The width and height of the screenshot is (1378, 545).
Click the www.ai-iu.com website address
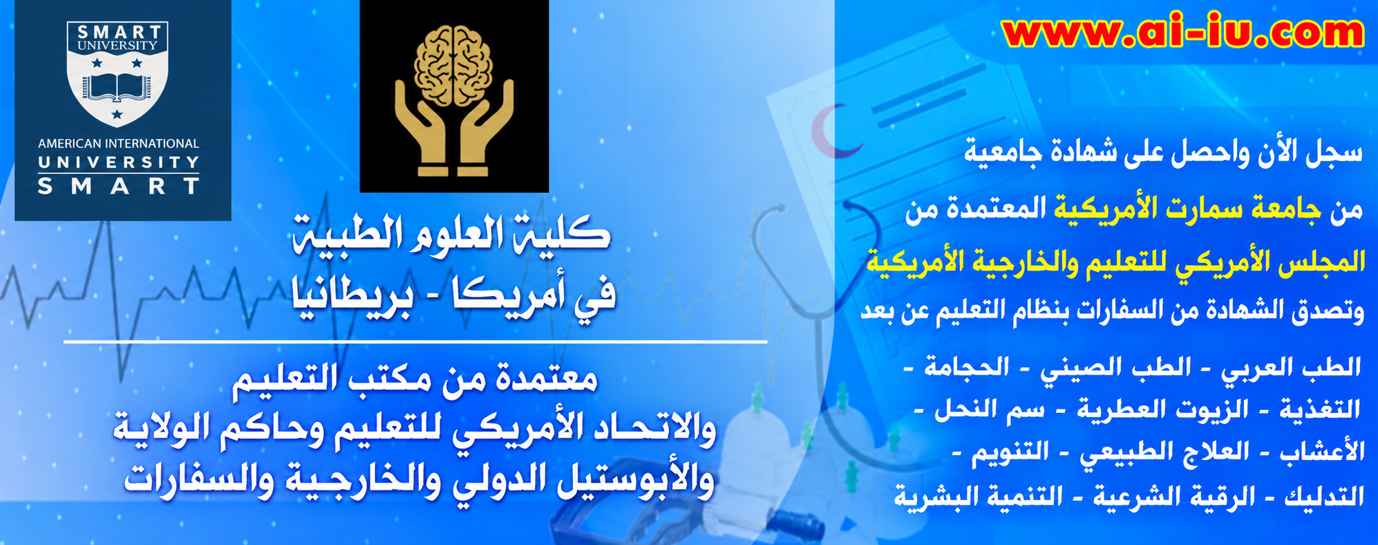click(x=1182, y=32)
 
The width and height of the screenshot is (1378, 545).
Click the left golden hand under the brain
click(x=424, y=127)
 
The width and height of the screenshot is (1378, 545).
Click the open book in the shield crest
click(x=117, y=86)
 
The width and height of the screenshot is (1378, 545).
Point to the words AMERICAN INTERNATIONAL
click(x=118, y=144)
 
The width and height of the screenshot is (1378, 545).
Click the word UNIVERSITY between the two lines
click(x=118, y=163)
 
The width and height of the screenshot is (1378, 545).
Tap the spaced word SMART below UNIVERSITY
click(x=118, y=186)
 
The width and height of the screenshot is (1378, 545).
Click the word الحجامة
click(x=966, y=367)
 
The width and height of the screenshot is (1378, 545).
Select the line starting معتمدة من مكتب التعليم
click(x=415, y=379)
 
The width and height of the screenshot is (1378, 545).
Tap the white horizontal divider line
click(x=415, y=342)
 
